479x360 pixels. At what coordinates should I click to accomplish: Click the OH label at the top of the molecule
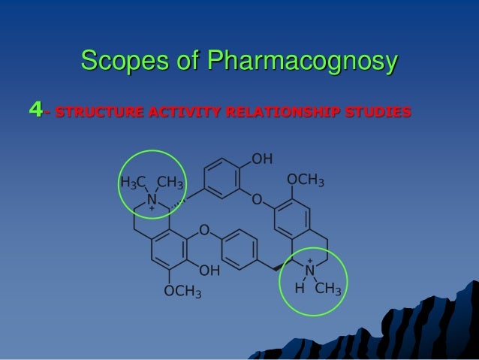[262, 159]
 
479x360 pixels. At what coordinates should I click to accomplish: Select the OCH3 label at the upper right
[306, 181]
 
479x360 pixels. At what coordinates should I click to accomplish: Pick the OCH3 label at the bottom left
[182, 292]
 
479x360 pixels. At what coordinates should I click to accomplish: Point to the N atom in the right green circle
[309, 271]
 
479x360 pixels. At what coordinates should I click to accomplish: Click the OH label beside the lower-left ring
[209, 268]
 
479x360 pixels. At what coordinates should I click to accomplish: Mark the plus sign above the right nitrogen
[309, 260]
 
